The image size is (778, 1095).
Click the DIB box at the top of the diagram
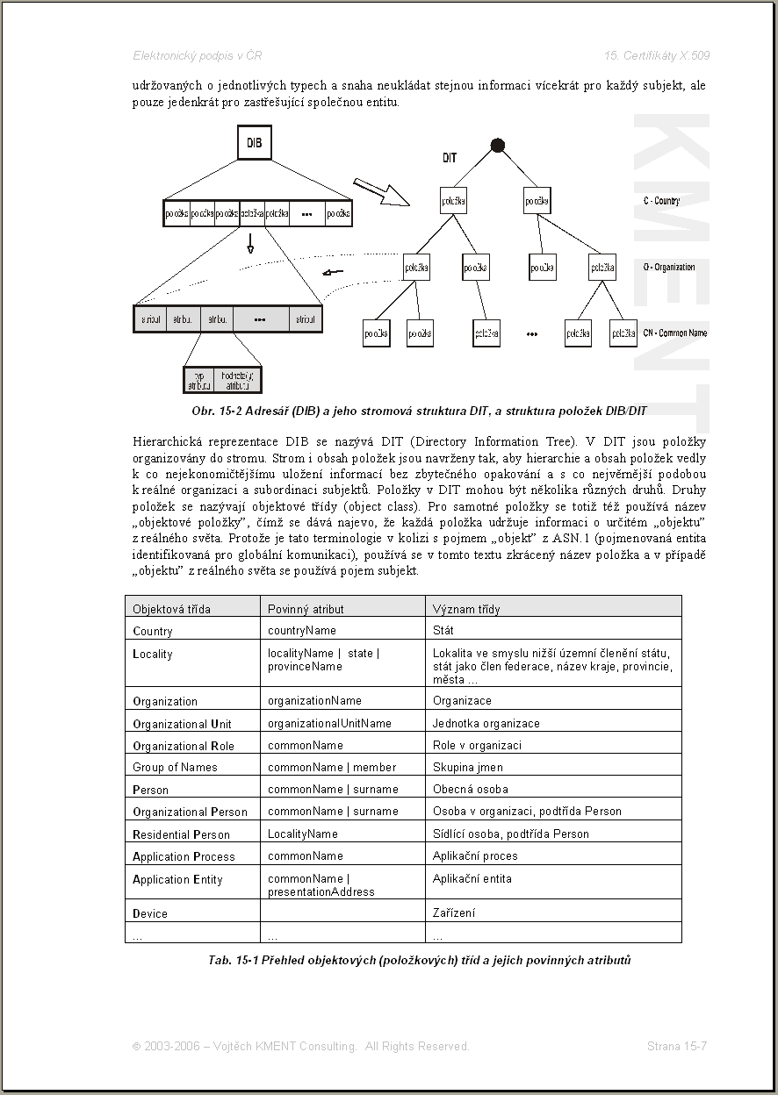point(254,143)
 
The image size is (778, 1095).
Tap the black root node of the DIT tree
point(498,145)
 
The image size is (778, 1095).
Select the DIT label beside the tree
point(450,159)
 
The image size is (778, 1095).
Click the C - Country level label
point(661,201)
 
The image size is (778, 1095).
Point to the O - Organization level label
point(669,267)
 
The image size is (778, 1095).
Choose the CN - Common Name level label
point(674,333)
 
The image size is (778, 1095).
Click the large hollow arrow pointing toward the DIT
point(381,192)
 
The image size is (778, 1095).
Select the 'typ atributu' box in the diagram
point(198,379)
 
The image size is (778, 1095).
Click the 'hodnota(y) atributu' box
point(237,379)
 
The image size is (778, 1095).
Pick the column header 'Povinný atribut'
point(306,609)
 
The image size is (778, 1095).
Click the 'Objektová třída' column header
point(172,609)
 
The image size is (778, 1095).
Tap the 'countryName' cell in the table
point(301,630)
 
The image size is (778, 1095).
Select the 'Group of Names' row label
point(175,767)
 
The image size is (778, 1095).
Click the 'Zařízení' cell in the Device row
point(454,912)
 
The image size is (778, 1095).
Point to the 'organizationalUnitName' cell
point(329,723)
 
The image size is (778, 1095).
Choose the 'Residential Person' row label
point(181,834)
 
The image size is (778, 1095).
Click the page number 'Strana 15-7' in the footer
point(677,1046)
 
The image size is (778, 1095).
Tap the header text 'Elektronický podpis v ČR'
point(198,55)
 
